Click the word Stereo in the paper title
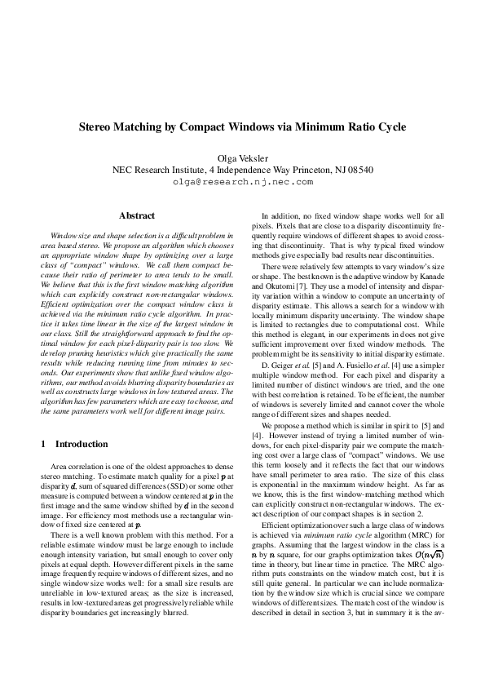[99, 127]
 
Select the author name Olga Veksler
[242, 157]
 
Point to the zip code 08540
[359, 170]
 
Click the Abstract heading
[137, 215]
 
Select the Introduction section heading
[82, 445]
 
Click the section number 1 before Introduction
[42, 445]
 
